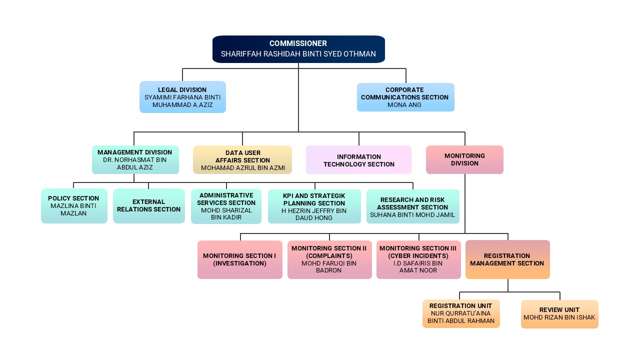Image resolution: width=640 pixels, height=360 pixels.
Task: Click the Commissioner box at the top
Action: pos(298,49)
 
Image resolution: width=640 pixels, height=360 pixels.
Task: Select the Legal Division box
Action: pos(182,97)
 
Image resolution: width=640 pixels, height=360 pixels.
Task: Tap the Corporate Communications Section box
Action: pos(405,97)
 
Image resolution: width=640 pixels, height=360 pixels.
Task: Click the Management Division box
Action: pos(135,159)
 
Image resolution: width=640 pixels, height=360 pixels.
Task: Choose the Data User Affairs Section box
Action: pos(242,159)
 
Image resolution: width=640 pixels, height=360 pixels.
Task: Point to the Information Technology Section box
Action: pos(358,160)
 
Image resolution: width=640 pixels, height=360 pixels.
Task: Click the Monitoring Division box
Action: pos(464,159)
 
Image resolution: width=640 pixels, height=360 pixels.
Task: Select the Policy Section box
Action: pos(74,205)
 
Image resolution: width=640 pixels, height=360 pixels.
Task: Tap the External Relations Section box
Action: pos(148,205)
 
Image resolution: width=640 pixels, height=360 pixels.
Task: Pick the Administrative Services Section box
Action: pos(226,206)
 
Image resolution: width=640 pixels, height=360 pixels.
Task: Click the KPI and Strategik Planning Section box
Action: pos(314,206)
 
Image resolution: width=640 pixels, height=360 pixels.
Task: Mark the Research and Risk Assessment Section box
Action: pos(412,206)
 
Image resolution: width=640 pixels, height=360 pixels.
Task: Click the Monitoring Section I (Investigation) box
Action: pos(239,259)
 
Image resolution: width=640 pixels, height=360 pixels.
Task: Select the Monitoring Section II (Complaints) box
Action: pos(329,259)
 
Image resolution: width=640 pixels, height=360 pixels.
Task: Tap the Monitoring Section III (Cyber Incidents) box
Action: pos(418,259)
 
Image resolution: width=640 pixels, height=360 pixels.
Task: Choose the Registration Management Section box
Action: pos(507,259)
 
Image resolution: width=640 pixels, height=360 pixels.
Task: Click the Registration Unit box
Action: pos(460,313)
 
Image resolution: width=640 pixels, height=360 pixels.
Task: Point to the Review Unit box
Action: pos(559,313)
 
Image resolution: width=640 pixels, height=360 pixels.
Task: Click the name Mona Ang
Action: pos(404,105)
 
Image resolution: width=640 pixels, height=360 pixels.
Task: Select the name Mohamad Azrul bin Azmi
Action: pos(243,168)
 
